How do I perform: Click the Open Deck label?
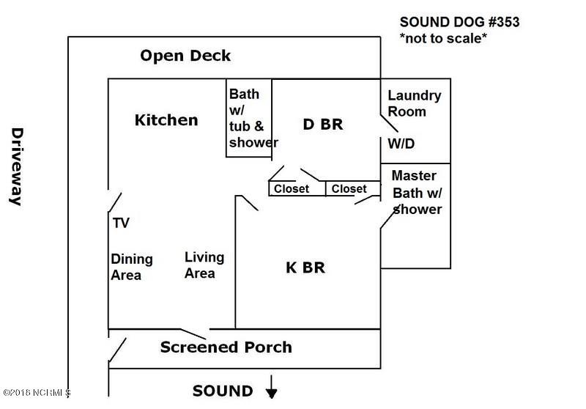coord(185,56)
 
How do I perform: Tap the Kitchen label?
coord(166,119)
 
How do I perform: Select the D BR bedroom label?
coord(323,124)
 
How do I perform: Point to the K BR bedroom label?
coord(305,268)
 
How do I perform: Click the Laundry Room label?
coord(414,103)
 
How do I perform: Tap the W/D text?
coord(401,143)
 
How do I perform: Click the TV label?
coord(121,223)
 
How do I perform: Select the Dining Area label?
coord(132,267)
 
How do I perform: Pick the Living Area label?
coord(204,265)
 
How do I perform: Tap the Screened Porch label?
coord(226,347)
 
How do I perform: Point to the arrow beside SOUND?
coord(272,388)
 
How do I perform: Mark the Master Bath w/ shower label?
coord(416,192)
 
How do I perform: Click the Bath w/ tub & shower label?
coord(252,119)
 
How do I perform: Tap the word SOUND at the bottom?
coord(223,391)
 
